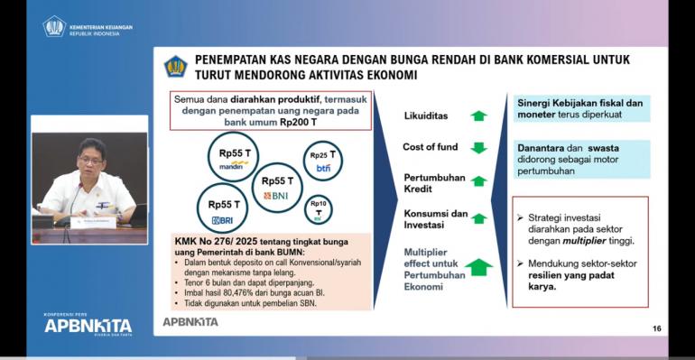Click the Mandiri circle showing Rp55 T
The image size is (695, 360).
[x=234, y=157]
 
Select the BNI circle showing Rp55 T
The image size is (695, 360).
[x=276, y=187]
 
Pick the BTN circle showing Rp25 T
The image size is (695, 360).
[x=323, y=160]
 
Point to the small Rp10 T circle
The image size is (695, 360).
[x=318, y=210]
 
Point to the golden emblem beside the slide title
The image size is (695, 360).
[x=175, y=66]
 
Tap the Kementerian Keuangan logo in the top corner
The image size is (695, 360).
[x=54, y=26]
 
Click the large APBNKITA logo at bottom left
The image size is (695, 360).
[x=88, y=326]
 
